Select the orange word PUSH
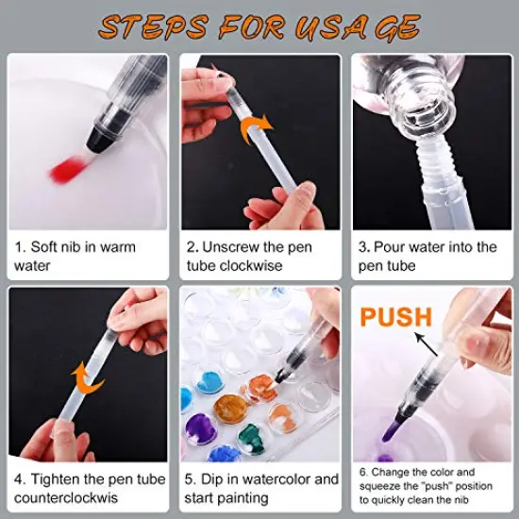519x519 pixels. pyautogui.click(x=396, y=316)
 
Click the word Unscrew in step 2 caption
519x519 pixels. pyautogui.click(x=232, y=247)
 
